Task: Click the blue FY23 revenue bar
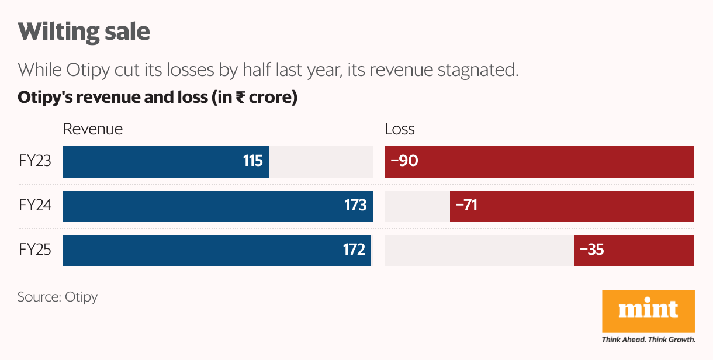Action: tap(152, 162)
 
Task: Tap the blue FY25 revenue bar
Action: tap(199, 251)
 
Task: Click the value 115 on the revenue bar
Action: tap(253, 161)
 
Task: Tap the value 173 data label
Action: tap(355, 205)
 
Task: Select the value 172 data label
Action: tap(354, 250)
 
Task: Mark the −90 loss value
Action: tap(404, 161)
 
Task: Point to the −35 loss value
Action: tap(591, 250)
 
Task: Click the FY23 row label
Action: tap(35, 161)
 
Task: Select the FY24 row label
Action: tap(35, 205)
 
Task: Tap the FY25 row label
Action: tap(35, 250)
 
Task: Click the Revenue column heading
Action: tap(93, 129)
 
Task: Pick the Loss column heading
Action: tap(400, 129)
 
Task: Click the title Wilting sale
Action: tap(84, 32)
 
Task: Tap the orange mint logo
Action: tap(648, 311)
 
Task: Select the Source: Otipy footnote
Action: tap(58, 297)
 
